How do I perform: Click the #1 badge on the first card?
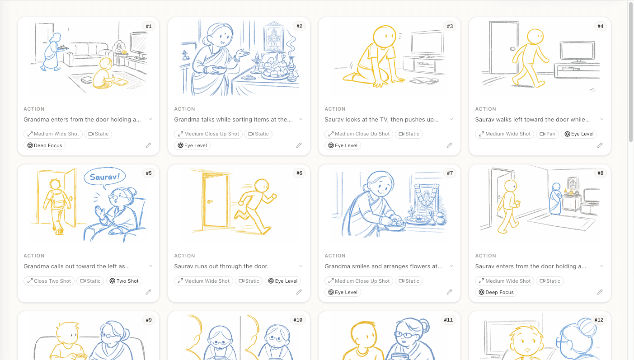point(148,26)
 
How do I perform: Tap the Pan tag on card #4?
point(547,134)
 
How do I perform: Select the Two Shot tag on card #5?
point(124,281)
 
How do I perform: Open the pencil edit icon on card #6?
point(299,292)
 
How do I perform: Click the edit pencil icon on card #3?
point(449,145)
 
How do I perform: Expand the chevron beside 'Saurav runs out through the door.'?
point(301,266)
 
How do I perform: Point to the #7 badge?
point(449,173)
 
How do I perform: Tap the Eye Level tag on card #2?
point(192,145)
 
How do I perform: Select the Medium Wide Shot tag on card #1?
point(52,134)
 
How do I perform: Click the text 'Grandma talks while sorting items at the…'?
point(233,120)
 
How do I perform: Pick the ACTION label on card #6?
point(184,256)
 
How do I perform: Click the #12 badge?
point(598,320)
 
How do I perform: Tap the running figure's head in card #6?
point(262,186)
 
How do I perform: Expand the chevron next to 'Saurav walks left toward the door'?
point(602,119)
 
